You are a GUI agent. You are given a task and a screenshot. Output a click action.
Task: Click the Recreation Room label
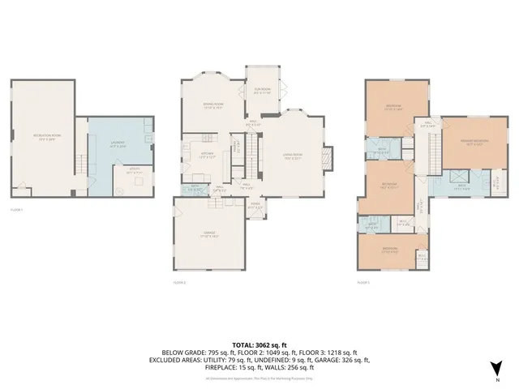coord(45,139)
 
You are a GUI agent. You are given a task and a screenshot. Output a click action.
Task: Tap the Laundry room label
coord(117,146)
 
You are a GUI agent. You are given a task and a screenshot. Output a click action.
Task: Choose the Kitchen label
coord(206,156)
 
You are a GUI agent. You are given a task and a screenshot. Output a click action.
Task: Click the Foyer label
coord(255,206)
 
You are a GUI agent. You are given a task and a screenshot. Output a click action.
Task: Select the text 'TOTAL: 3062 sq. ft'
coord(259,344)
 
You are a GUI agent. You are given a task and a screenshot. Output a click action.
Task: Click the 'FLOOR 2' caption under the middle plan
coord(180,282)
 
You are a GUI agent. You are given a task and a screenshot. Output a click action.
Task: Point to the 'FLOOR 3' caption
coord(364,282)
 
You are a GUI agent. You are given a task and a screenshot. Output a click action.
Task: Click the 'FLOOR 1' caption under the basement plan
coord(16,209)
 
